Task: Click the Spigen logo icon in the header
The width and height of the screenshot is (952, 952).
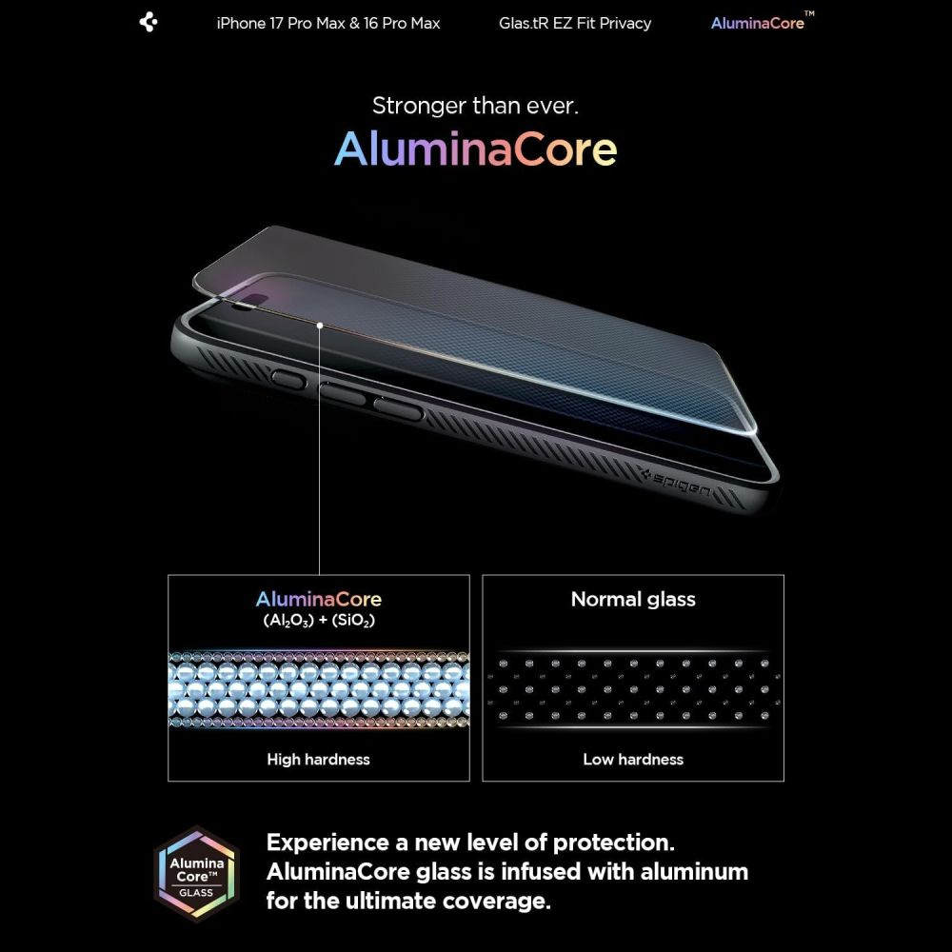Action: click(x=149, y=22)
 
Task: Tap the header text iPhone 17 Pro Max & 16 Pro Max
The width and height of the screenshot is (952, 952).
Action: click(x=328, y=23)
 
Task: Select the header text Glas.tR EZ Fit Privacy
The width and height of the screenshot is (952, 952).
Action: click(x=575, y=23)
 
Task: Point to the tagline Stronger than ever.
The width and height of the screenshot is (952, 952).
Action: click(x=475, y=106)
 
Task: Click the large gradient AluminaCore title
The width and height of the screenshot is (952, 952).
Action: click(x=475, y=149)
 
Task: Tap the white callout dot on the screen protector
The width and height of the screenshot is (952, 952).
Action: click(x=320, y=326)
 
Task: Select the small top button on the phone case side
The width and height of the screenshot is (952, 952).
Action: click(x=288, y=379)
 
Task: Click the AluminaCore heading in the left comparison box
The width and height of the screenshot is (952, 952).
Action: click(x=318, y=600)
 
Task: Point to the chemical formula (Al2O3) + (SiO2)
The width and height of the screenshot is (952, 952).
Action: click(x=318, y=620)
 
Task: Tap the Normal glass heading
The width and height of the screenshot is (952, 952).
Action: click(x=633, y=600)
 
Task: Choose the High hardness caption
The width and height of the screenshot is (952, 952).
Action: click(x=318, y=760)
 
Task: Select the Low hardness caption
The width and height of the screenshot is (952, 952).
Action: click(x=633, y=760)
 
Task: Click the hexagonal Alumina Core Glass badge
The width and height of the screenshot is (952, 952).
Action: click(x=197, y=873)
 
